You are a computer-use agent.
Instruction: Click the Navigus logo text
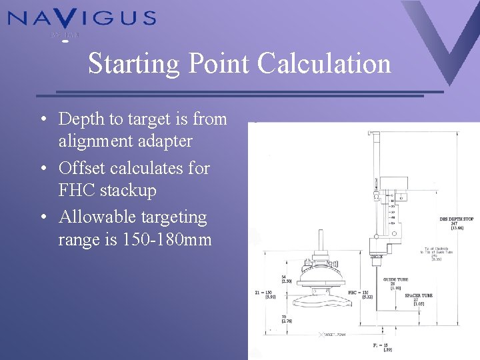(81, 18)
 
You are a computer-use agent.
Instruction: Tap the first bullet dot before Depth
(42, 120)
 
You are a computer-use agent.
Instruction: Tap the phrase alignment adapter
(125, 141)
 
